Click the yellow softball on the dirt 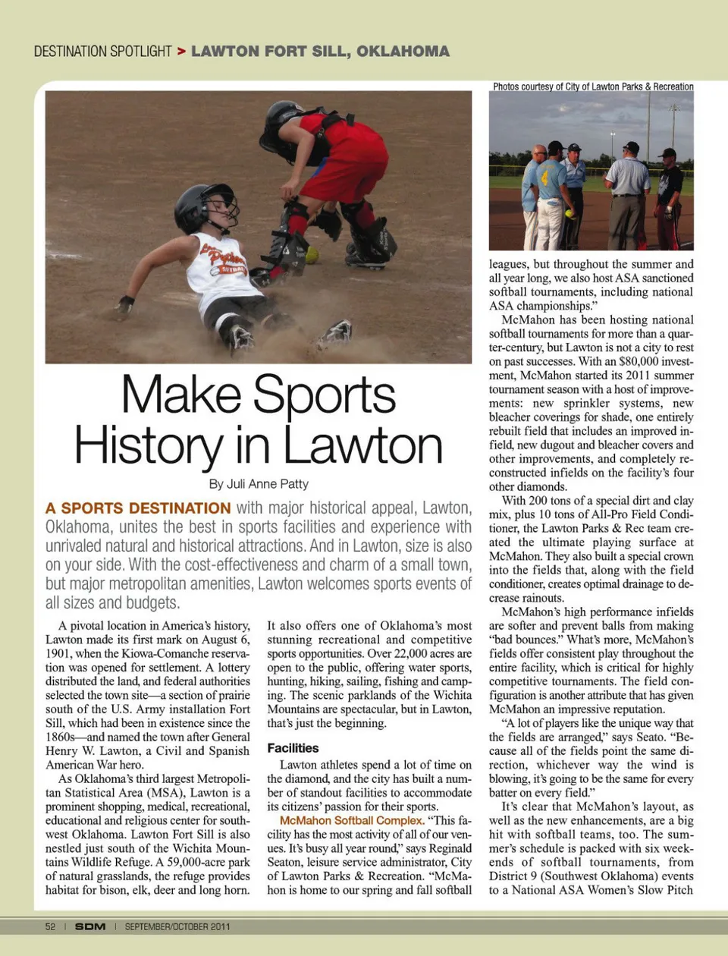click(x=312, y=254)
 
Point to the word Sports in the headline click(x=324, y=395)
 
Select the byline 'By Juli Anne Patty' click(x=259, y=484)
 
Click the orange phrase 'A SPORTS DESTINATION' click(x=138, y=508)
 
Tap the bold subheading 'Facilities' click(x=293, y=748)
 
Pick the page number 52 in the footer click(x=50, y=926)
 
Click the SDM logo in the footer click(x=90, y=926)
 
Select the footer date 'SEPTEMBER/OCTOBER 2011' click(x=177, y=926)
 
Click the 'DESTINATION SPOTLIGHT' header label click(x=103, y=52)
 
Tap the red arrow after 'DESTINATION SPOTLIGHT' click(x=181, y=52)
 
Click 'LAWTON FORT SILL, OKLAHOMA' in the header click(x=320, y=52)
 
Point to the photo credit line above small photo click(x=592, y=86)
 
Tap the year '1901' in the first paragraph click(x=61, y=654)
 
